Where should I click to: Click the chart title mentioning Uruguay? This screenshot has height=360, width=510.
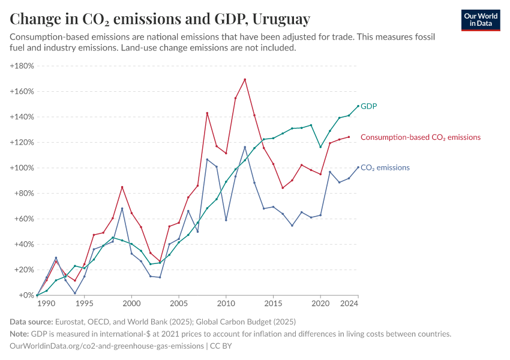[160, 19]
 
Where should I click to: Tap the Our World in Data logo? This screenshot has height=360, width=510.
[481, 20]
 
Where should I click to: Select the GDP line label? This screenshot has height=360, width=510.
[368, 106]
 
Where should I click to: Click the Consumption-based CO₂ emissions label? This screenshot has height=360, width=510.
[420, 137]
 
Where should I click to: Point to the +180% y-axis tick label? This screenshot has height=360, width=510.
[22, 66]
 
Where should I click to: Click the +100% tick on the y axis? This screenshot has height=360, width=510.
[22, 168]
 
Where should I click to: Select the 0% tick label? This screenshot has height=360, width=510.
[26, 295]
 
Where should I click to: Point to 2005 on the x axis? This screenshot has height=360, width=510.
[179, 304]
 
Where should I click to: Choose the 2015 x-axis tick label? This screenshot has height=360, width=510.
[273, 304]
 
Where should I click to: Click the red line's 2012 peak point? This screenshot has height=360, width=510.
[245, 79]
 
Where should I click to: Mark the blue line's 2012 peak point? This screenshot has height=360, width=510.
[245, 147]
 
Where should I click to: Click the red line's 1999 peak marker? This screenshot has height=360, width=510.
[122, 187]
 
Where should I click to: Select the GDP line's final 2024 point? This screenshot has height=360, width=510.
[358, 106]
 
